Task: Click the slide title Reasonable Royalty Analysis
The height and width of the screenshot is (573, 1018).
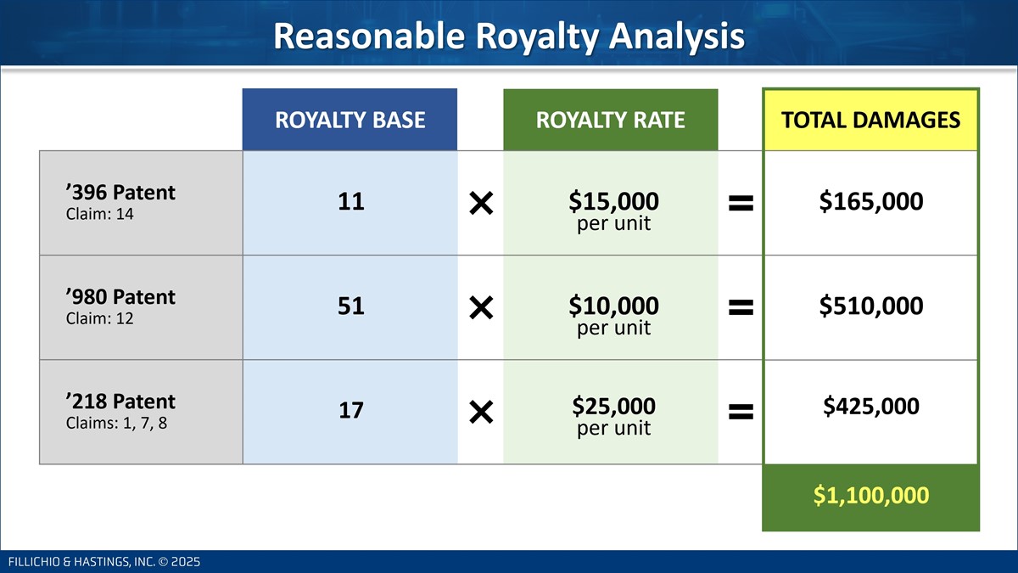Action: click(x=508, y=36)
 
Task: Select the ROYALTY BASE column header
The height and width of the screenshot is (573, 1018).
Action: click(x=350, y=120)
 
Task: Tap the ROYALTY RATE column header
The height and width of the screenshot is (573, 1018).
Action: click(x=610, y=120)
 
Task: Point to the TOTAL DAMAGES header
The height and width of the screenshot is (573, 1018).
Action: click(x=870, y=120)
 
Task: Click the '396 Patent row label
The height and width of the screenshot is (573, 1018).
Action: click(x=120, y=193)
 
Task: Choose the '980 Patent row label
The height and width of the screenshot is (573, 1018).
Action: click(x=120, y=297)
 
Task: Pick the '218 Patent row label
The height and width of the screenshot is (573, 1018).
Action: click(x=120, y=402)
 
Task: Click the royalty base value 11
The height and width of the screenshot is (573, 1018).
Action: click(x=351, y=201)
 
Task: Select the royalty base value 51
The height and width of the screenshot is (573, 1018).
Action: click(x=351, y=306)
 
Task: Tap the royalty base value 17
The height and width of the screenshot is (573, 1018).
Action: click(x=351, y=410)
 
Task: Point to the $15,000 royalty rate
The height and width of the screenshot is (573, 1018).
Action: click(x=613, y=201)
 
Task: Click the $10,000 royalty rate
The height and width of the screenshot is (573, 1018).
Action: click(x=613, y=306)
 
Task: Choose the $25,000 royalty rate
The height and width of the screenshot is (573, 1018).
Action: click(x=613, y=406)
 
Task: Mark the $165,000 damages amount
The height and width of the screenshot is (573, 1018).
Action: click(x=871, y=201)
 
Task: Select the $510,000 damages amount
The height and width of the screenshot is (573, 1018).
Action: click(x=871, y=306)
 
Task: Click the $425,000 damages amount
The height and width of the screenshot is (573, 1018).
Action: click(x=871, y=406)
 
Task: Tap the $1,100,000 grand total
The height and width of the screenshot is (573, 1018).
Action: click(x=871, y=495)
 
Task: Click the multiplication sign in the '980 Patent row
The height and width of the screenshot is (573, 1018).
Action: click(x=481, y=308)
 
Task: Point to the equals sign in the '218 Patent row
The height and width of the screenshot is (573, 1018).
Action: click(x=741, y=412)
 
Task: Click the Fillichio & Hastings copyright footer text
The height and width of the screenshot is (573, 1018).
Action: click(x=104, y=562)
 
